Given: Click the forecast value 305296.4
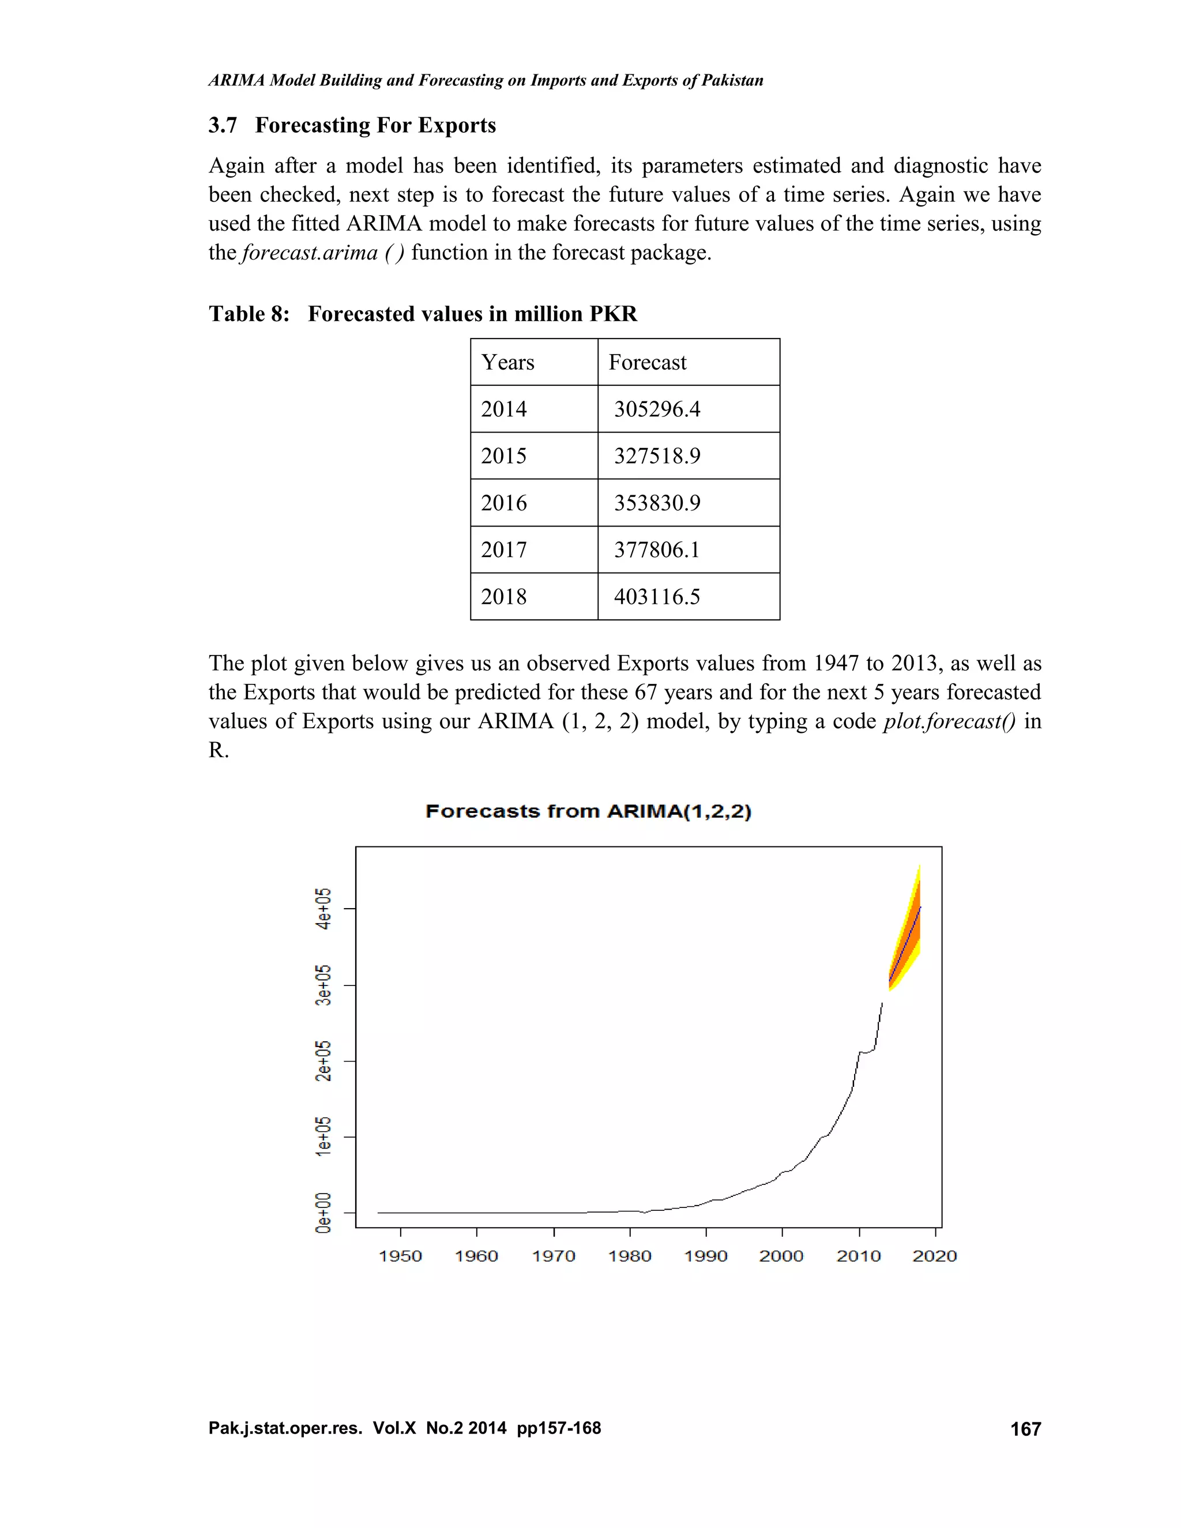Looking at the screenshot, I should pyautogui.click(x=656, y=409).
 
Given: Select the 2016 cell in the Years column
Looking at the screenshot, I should pyautogui.click(x=504, y=502).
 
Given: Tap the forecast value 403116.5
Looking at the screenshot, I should pyautogui.click(x=656, y=596).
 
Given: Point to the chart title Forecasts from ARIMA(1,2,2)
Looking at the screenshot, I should pyautogui.click(x=588, y=812).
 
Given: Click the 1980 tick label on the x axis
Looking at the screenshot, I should pyautogui.click(x=630, y=1256).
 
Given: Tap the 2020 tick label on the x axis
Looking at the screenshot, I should pyautogui.click(x=935, y=1256).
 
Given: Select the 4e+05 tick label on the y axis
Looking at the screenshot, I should pyautogui.click(x=322, y=909).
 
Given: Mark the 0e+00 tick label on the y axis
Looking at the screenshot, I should pyautogui.click(x=322, y=1213).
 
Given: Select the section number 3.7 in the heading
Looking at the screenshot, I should pyautogui.click(x=223, y=125).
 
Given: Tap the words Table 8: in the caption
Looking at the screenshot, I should pyautogui.click(x=249, y=314).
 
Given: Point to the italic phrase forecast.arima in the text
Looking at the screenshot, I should pyautogui.click(x=309, y=252).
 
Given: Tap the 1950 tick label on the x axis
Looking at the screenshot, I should pyautogui.click(x=400, y=1256).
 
